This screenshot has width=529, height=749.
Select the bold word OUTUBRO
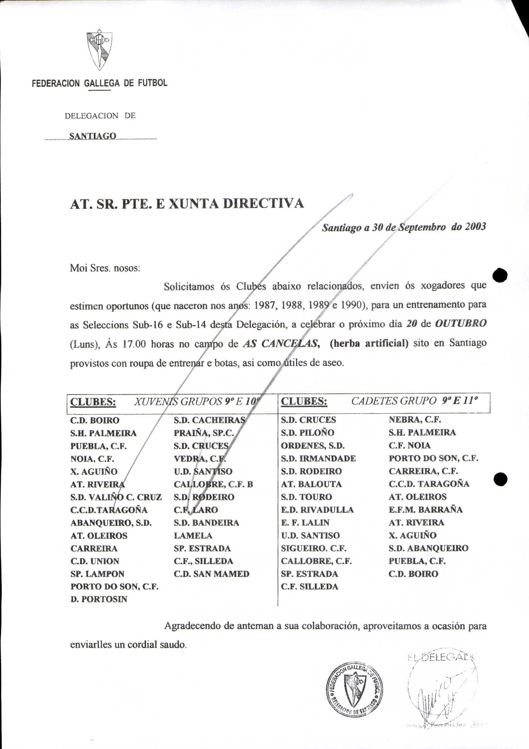coord(461,323)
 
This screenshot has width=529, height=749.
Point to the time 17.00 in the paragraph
coord(134,344)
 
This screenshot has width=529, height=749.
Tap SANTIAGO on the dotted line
coord(93,136)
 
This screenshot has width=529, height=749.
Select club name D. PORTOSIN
coord(99,599)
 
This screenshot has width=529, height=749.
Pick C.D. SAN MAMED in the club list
coord(211,574)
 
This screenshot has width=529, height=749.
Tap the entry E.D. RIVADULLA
coord(317,510)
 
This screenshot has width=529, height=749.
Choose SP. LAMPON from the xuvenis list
coord(97,574)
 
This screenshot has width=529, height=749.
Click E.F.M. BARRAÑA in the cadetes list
coord(425,509)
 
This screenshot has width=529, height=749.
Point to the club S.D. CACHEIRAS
coord(209,420)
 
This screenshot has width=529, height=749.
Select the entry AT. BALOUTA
coord(311,484)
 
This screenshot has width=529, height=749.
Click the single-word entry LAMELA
coord(193,535)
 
